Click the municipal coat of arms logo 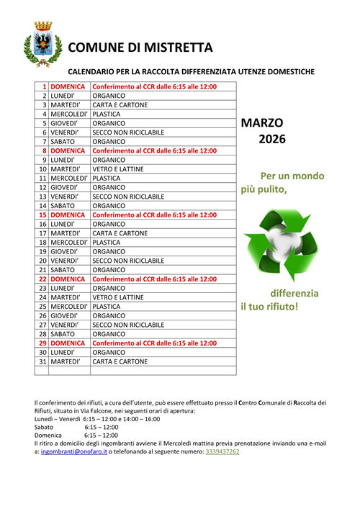point(38,45)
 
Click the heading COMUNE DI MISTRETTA point(140,48)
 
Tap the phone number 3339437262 point(222,451)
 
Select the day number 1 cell point(43,86)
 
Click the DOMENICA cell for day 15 point(68,215)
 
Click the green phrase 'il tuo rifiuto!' point(269,307)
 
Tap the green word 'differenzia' point(294,293)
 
